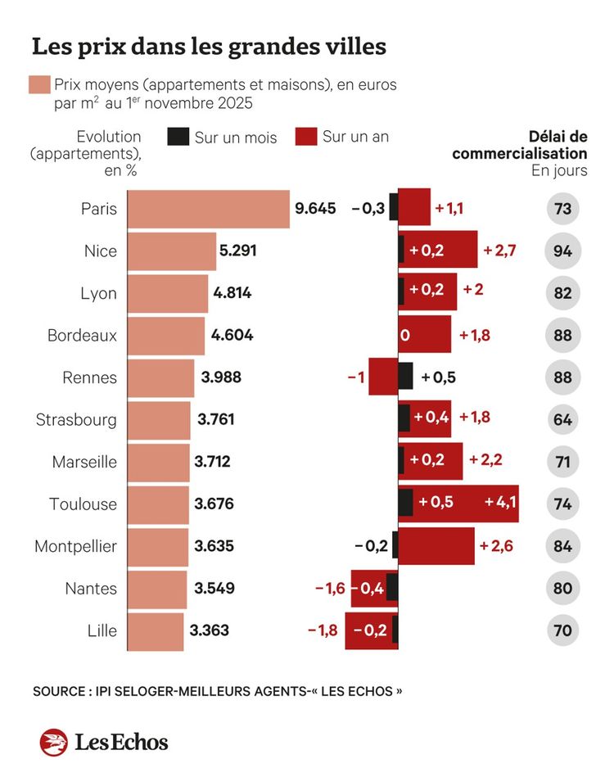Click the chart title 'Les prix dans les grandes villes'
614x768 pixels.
pyautogui.click(x=208, y=47)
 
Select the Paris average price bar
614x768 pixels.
pyautogui.click(x=210, y=209)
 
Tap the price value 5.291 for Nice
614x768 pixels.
pyautogui.click(x=237, y=251)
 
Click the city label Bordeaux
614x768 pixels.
pyautogui.click(x=82, y=335)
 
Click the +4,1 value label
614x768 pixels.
pyautogui.click(x=500, y=503)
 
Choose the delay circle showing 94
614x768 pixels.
pyautogui.click(x=562, y=251)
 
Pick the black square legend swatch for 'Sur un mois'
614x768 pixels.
pyautogui.click(x=178, y=137)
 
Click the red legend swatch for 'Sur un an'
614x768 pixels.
pyautogui.click(x=305, y=137)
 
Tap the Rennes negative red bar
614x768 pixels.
pyautogui.click(x=382, y=377)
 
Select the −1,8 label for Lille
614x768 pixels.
pyautogui.click(x=323, y=630)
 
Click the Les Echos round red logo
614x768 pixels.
pyautogui.click(x=53, y=742)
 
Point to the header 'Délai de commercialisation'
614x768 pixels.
pyautogui.click(x=520, y=145)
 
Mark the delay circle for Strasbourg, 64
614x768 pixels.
pyautogui.click(x=562, y=419)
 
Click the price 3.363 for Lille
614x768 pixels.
pyautogui.click(x=210, y=630)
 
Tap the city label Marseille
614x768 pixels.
pyautogui.click(x=84, y=462)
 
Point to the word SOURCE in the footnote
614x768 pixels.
pyautogui.click(x=59, y=691)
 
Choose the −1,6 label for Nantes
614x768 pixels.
pyautogui.click(x=331, y=588)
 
